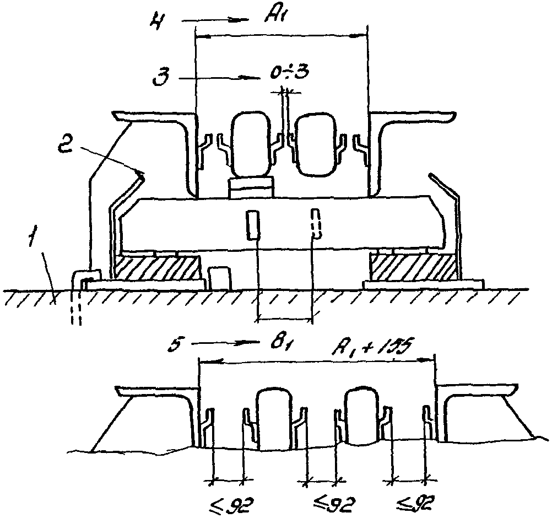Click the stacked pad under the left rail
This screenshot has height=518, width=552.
(x=250, y=188)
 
